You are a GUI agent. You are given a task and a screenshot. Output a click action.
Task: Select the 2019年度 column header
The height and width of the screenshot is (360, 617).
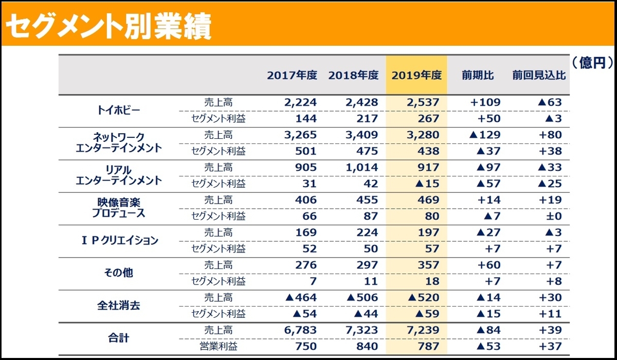pos(416,75)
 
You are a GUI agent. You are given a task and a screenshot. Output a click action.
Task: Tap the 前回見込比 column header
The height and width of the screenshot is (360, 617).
pos(539,75)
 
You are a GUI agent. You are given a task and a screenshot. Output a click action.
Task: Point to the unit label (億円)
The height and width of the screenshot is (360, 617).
pos(592,62)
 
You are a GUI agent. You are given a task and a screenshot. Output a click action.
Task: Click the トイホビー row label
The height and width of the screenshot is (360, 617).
pos(118,111)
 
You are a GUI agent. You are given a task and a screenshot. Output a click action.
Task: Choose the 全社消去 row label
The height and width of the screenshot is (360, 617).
pos(118,305)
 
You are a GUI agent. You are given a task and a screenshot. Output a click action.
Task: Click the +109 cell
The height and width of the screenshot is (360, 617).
pos(485,102)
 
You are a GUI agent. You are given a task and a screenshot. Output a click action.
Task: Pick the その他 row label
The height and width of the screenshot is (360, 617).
pos(118,273)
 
